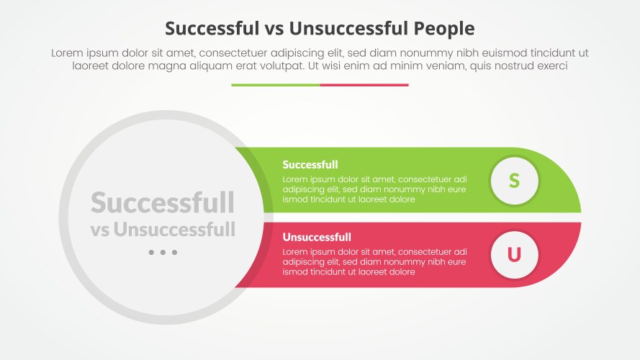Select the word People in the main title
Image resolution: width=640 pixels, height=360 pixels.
pyautogui.click(x=444, y=28)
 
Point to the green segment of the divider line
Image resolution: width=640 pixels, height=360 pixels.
pyautogui.click(x=275, y=85)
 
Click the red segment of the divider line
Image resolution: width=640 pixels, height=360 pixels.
pyautogui.click(x=364, y=85)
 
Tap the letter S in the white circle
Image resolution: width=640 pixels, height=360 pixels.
pyautogui.click(x=514, y=180)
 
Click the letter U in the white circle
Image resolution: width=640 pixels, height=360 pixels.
pyautogui.click(x=514, y=254)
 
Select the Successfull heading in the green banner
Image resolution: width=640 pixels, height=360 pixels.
pyautogui.click(x=310, y=164)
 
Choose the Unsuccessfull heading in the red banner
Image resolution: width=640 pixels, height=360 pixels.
pyautogui.click(x=317, y=237)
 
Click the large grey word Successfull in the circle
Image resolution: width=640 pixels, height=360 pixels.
pyautogui.click(x=163, y=203)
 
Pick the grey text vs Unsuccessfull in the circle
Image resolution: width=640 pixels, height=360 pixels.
pyautogui.click(x=163, y=230)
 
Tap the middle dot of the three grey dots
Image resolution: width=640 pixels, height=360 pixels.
pyautogui.click(x=163, y=253)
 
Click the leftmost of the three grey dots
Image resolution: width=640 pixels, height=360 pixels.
pyautogui.click(x=151, y=253)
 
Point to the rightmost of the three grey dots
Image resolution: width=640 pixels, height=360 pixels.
pyautogui.click(x=174, y=253)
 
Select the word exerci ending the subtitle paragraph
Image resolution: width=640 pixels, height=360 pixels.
pyautogui.click(x=551, y=66)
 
